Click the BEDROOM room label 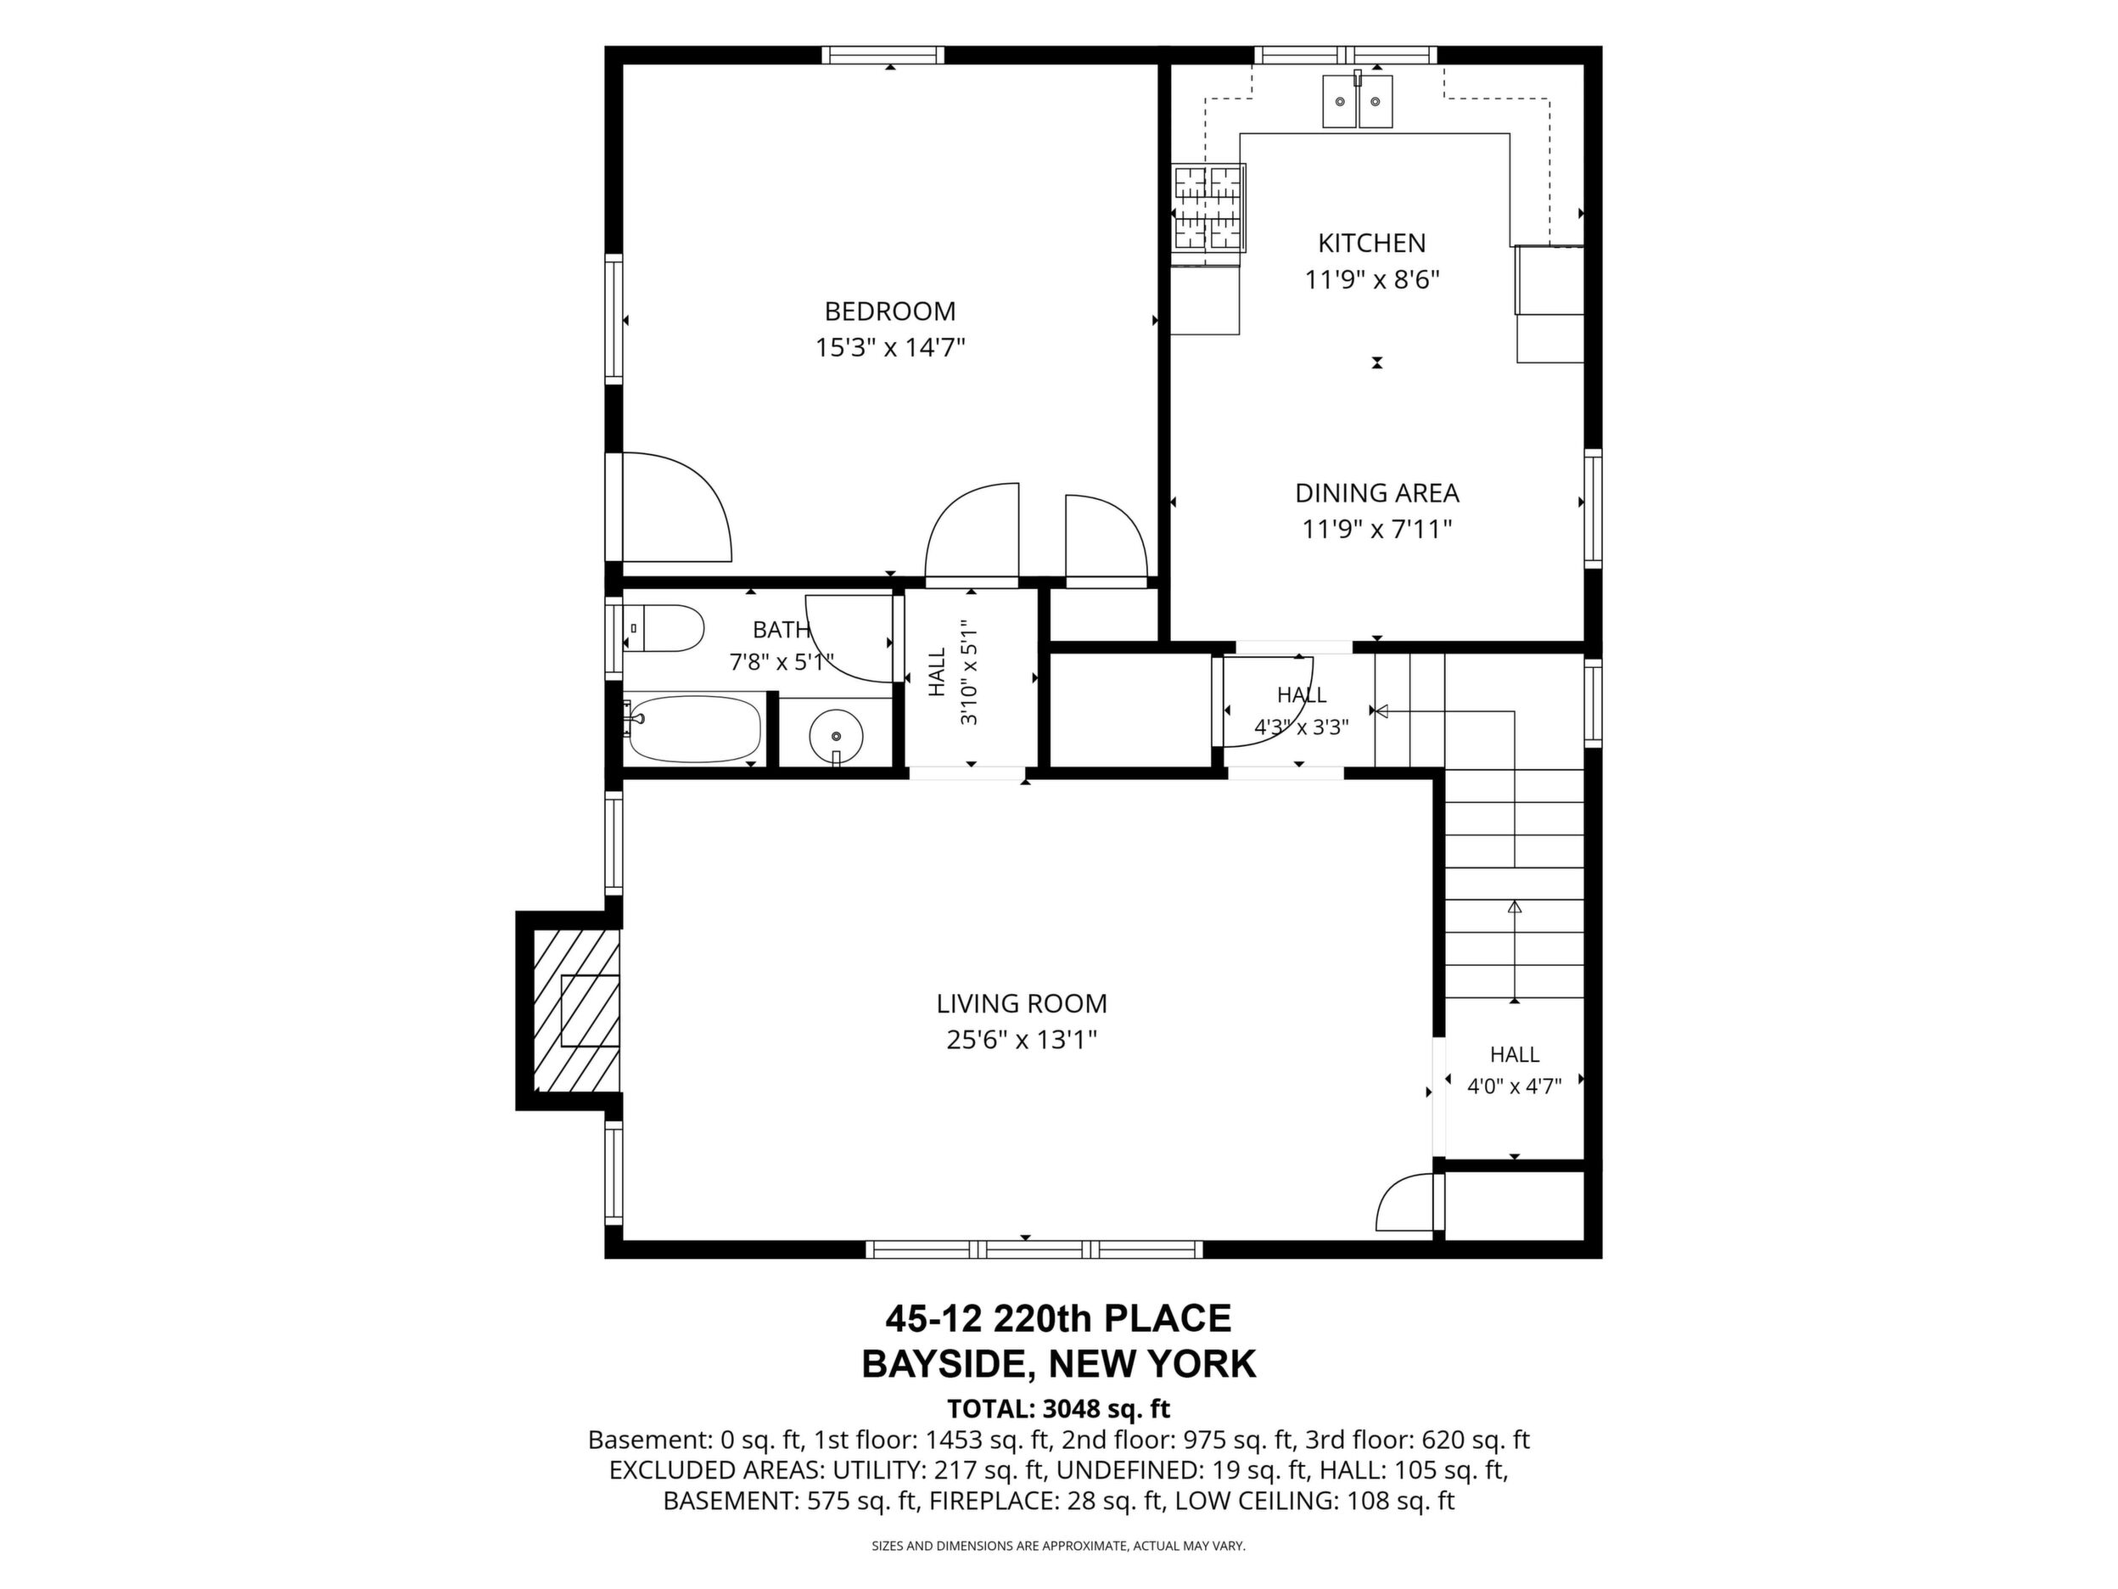889,312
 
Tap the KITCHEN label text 1371,244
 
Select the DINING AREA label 1377,493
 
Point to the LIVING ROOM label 1022,1004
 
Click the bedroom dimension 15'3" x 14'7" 889,346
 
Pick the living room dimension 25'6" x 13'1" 1022,1039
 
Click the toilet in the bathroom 664,628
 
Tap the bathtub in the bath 693,729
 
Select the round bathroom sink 836,736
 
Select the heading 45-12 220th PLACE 1058,1319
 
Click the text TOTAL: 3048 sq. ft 1058,1409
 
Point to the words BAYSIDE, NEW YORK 1058,1364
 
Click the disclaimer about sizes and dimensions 1058,1546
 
